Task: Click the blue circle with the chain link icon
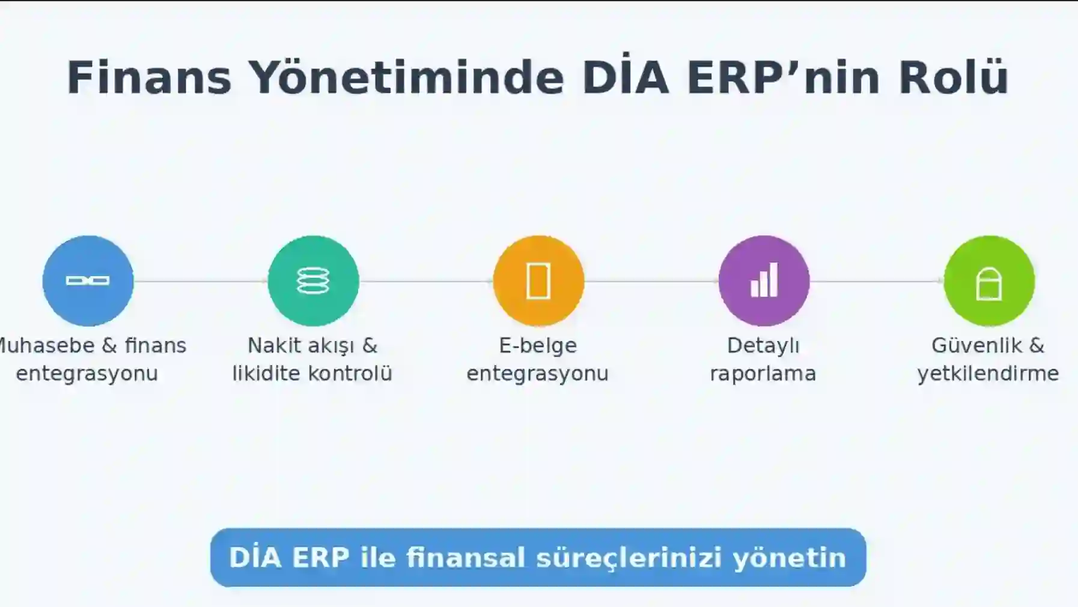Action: click(x=88, y=280)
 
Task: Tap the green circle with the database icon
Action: click(x=313, y=280)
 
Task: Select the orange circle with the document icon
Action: click(x=538, y=280)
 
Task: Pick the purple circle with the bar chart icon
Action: click(x=764, y=280)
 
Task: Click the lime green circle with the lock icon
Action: click(x=989, y=280)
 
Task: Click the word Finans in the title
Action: click(x=149, y=77)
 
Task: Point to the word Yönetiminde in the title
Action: click(x=406, y=77)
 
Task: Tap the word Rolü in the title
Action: click(x=953, y=77)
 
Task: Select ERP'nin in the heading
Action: click(x=783, y=77)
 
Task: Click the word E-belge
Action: click(x=538, y=345)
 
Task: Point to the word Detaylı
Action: click(x=763, y=345)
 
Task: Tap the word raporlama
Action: click(x=763, y=373)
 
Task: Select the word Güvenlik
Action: click(x=976, y=345)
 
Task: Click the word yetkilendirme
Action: click(x=988, y=373)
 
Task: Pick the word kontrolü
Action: click(x=350, y=373)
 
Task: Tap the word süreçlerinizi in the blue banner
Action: click(x=629, y=558)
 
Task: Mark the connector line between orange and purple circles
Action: click(x=651, y=281)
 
